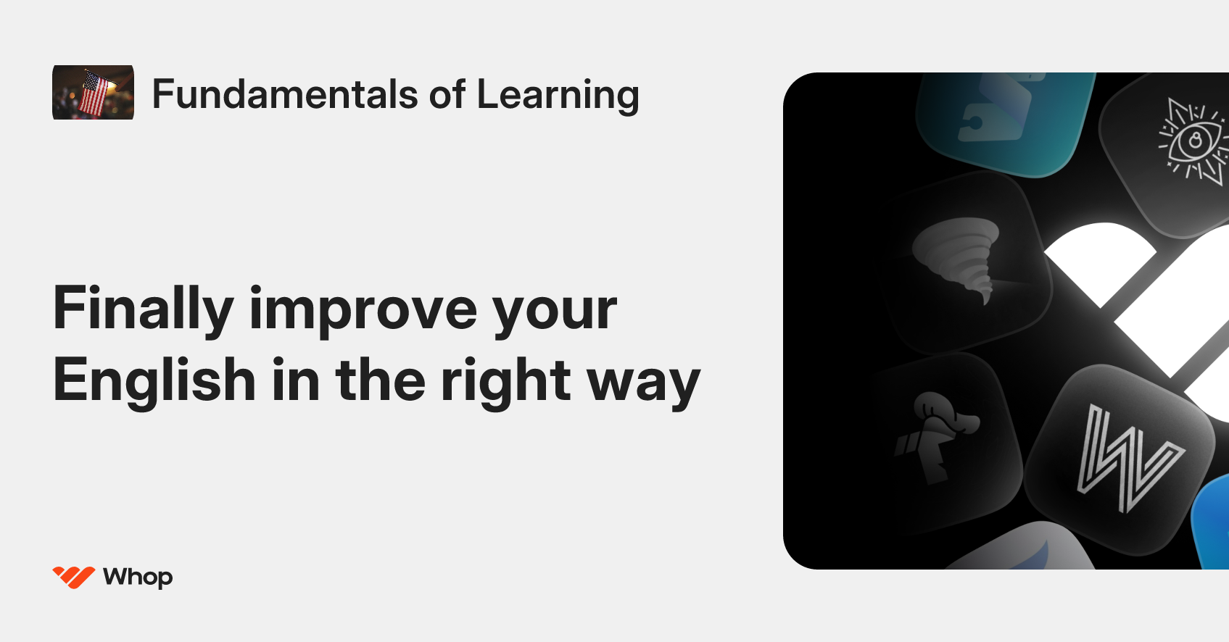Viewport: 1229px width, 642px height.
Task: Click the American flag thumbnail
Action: (93, 93)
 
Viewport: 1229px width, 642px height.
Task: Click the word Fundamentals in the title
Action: (286, 94)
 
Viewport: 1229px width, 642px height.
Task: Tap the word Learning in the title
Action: (558, 96)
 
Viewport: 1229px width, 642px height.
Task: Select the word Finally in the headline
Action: (143, 309)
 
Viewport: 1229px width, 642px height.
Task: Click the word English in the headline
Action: (154, 380)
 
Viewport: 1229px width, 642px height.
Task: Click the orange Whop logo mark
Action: (73, 577)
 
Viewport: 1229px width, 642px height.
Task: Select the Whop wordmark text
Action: (138, 578)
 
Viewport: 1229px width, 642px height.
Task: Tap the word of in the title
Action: (447, 94)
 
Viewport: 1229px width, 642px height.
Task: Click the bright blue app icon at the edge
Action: (1214, 522)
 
